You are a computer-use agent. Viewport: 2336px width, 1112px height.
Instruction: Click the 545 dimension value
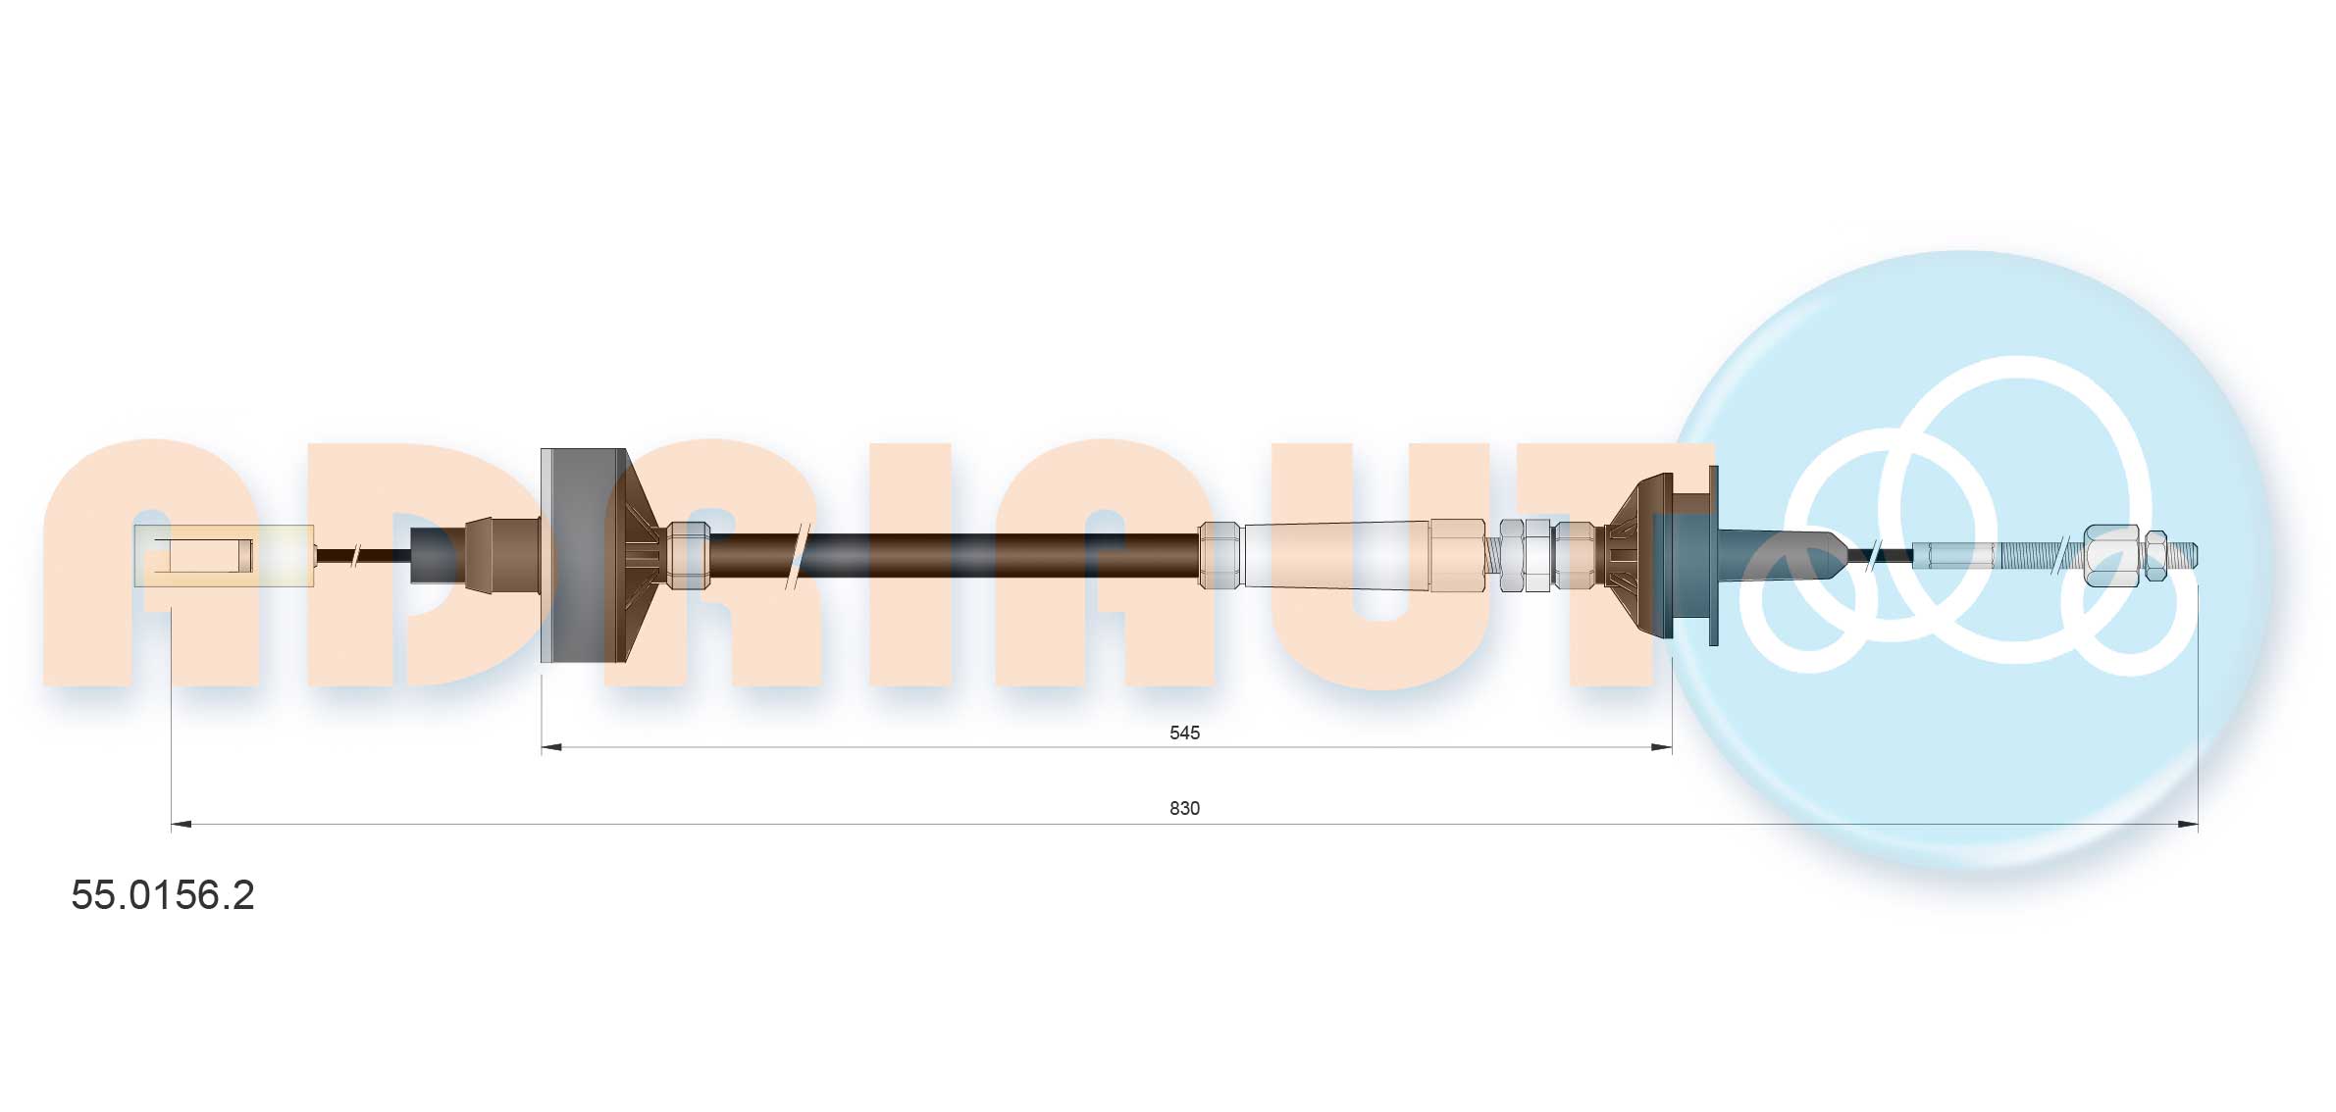1184,733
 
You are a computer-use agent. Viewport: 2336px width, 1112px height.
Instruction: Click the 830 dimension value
1184,808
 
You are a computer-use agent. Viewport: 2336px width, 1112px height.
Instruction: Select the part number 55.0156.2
163,895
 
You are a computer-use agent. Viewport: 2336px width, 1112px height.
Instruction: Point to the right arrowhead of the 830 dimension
2188,824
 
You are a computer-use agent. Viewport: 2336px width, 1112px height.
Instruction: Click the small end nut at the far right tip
2155,556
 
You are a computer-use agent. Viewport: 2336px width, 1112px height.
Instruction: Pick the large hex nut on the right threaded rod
2109,556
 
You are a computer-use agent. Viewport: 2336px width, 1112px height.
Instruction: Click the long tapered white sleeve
1334,556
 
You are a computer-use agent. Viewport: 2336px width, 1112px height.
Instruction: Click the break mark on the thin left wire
357,556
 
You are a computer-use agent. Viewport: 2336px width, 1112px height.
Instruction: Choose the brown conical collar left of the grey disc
501,556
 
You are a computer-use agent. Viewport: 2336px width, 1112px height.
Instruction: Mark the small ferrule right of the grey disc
688,556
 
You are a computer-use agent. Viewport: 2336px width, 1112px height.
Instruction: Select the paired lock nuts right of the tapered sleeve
1525,556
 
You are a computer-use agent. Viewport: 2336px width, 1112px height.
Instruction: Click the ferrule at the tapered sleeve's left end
1220,556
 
